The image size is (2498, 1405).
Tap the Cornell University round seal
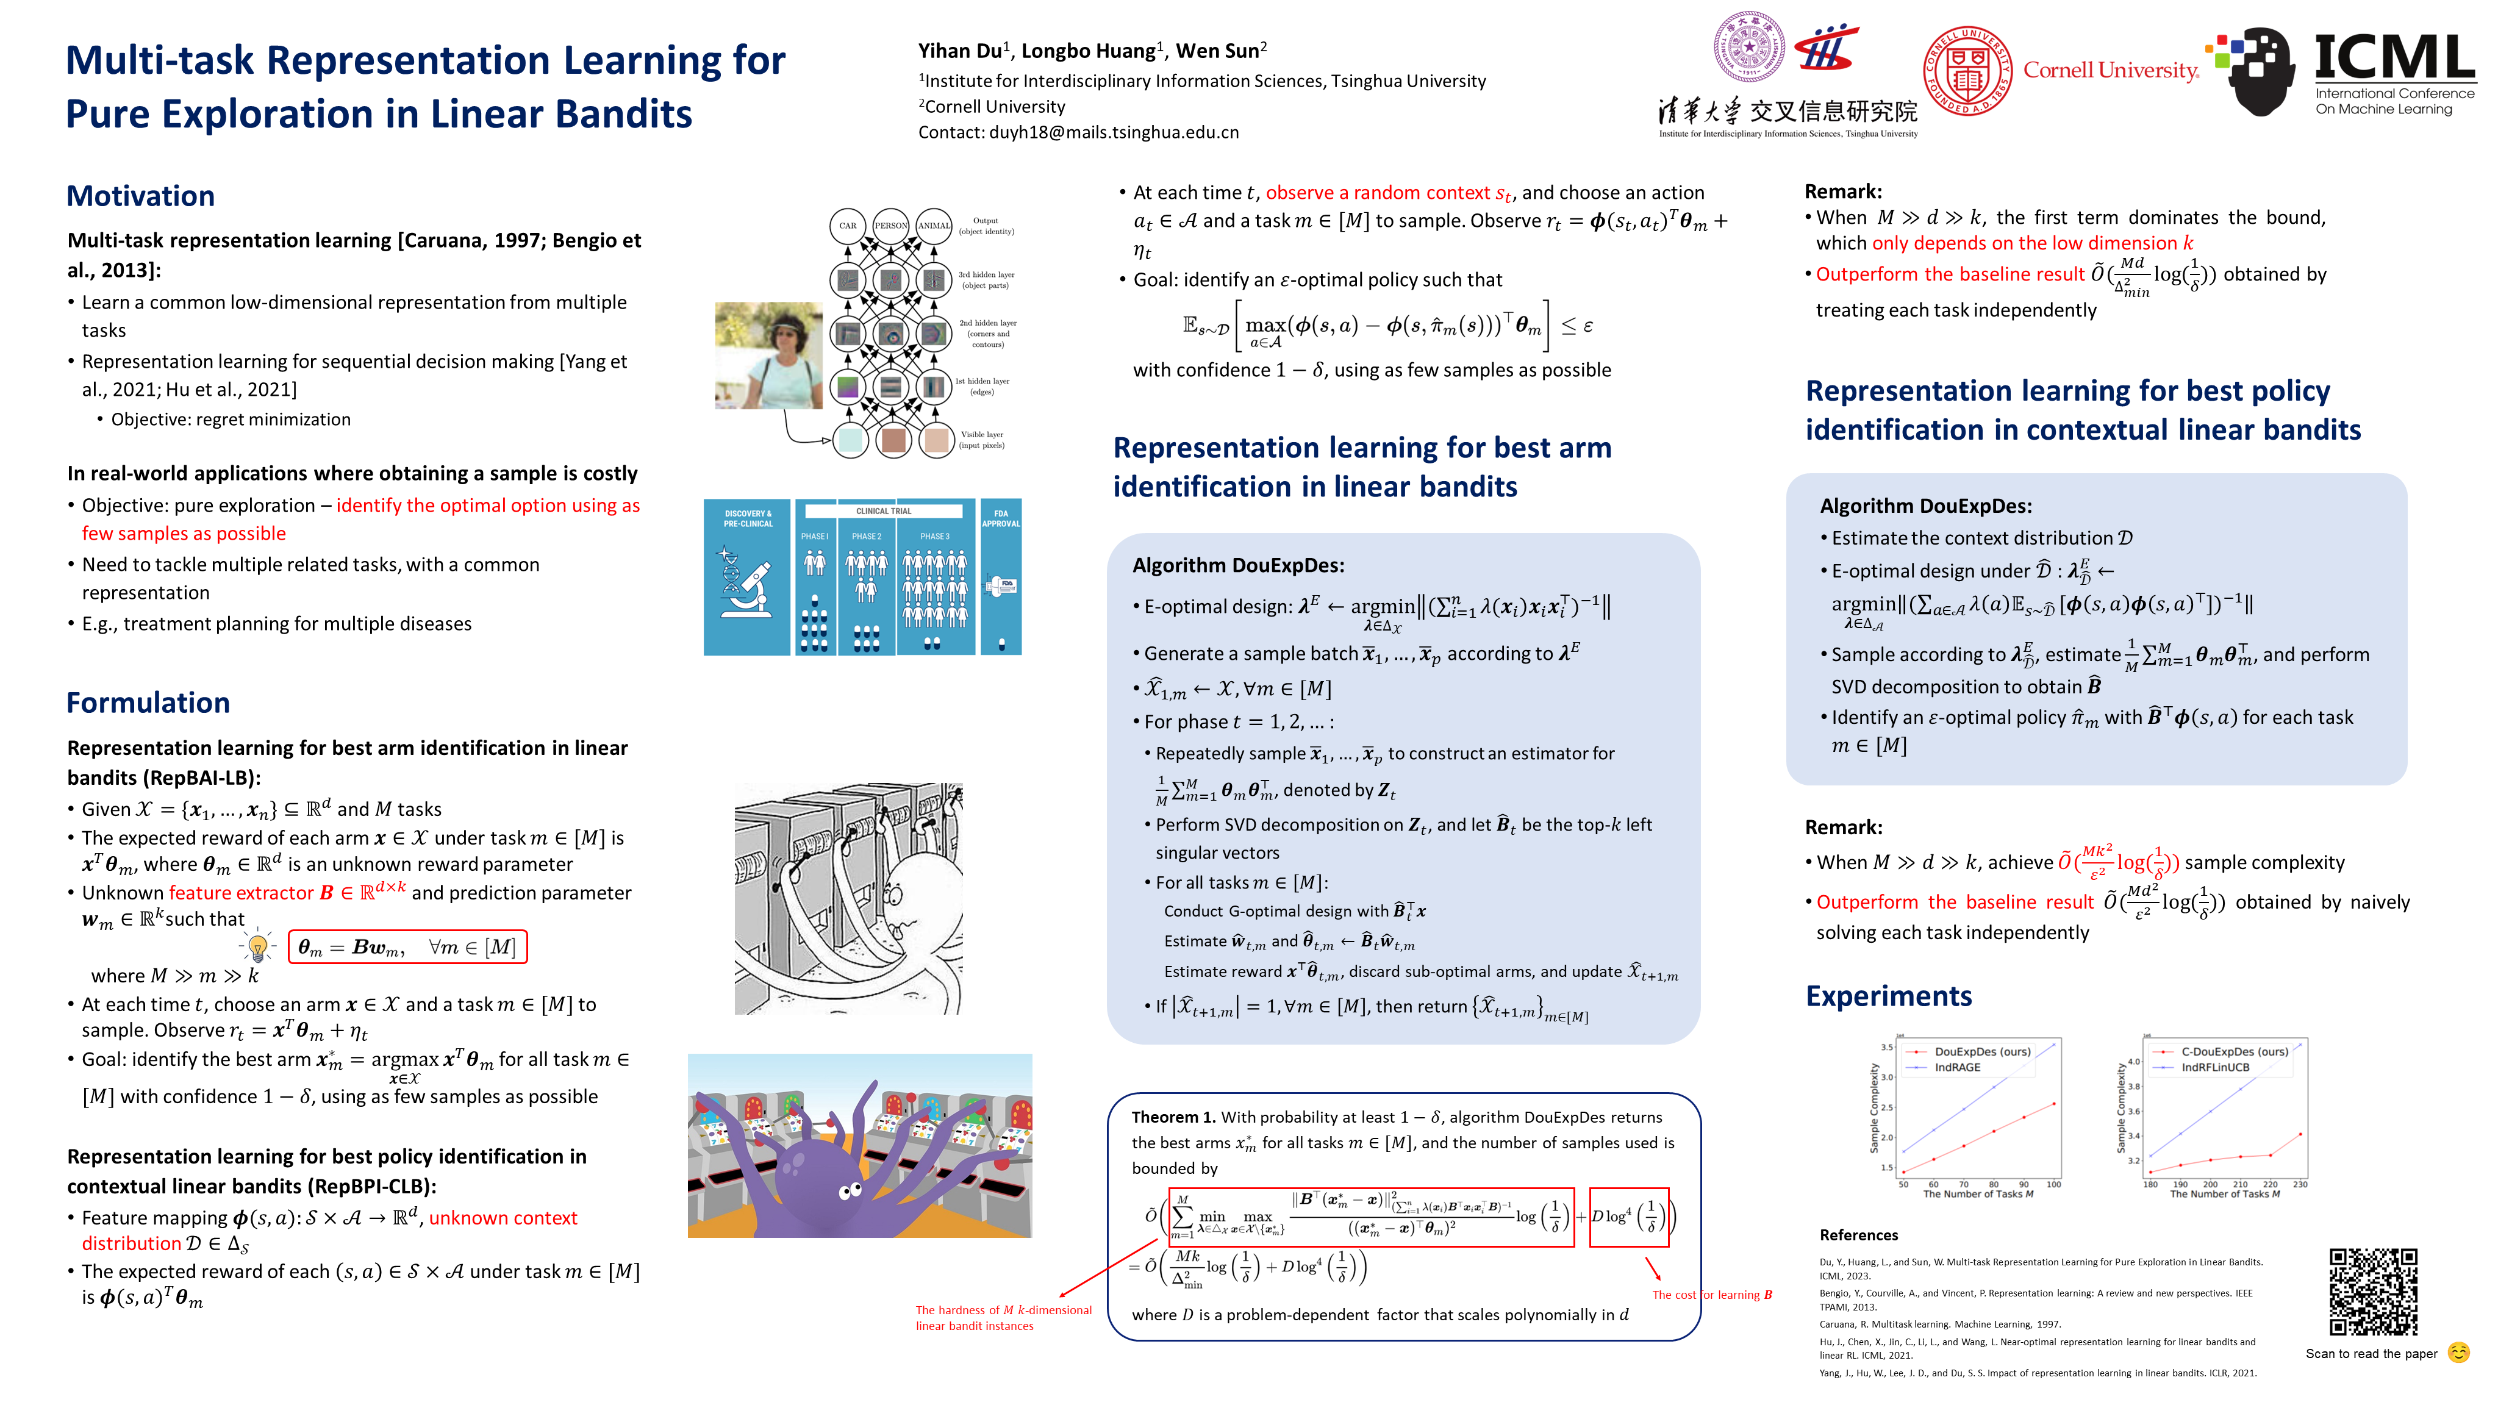click(x=1967, y=71)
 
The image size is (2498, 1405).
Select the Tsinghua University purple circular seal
click(x=1748, y=46)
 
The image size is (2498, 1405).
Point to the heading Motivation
click(x=141, y=196)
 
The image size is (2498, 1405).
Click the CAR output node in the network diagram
click(x=848, y=226)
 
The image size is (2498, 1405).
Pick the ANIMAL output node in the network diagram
click(x=934, y=226)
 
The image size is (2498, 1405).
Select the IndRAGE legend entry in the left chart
click(x=1957, y=1068)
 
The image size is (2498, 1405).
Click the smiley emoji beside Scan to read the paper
click(x=2458, y=1353)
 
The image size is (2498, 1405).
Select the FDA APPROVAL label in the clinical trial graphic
click(x=1001, y=519)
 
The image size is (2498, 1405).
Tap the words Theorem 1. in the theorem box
click(x=1172, y=1117)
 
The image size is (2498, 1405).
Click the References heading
click(x=1858, y=1235)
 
